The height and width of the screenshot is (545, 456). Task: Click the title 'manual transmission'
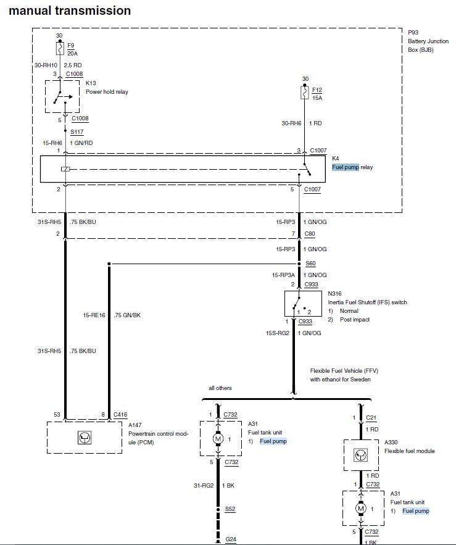coord(70,10)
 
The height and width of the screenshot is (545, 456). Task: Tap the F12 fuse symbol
coord(304,93)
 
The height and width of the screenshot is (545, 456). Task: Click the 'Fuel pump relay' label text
coord(352,167)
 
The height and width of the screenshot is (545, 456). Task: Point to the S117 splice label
coord(77,132)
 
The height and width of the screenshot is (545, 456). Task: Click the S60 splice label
coord(310,263)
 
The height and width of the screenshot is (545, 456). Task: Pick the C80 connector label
coord(310,235)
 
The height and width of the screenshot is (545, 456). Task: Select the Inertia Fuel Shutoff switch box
coord(301,304)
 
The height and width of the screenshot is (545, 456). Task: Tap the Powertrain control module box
coord(85,437)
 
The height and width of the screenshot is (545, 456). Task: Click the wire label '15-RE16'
coord(94,315)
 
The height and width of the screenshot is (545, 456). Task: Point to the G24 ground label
coord(230,539)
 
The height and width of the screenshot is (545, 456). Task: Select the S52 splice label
coord(230,509)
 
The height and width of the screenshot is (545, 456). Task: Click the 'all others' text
coord(221,388)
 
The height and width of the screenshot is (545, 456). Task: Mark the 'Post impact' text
coord(354,320)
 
